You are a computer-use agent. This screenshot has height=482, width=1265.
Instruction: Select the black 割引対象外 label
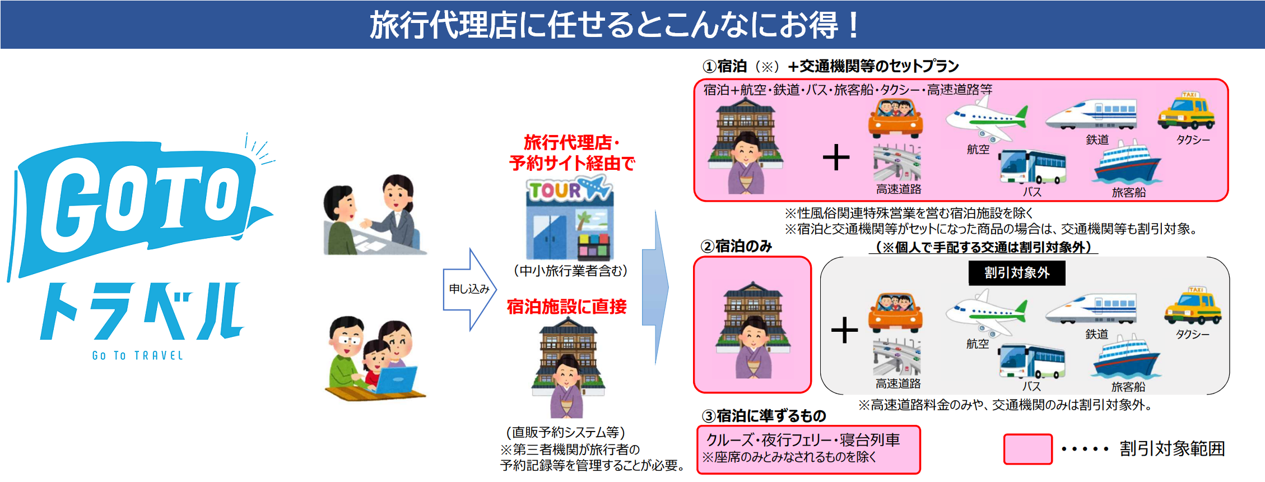(x=1017, y=273)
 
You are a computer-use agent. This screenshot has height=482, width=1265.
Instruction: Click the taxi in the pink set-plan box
(x=1186, y=112)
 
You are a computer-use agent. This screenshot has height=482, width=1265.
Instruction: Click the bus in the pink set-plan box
(x=1033, y=167)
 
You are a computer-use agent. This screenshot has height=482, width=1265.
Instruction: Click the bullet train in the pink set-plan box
(x=1091, y=115)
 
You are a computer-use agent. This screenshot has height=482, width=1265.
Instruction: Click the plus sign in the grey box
(x=844, y=330)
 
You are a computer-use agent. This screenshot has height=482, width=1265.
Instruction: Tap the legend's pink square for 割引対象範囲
(x=1027, y=449)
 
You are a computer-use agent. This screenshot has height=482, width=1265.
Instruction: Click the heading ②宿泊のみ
(x=736, y=246)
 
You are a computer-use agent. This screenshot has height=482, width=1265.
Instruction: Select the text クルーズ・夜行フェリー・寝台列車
(x=803, y=440)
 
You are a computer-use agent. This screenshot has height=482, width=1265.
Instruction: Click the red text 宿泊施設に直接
(x=566, y=307)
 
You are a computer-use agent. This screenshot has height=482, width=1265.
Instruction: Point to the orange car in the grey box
(x=895, y=313)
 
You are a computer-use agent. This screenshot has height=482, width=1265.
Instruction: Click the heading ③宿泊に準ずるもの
(x=764, y=416)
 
